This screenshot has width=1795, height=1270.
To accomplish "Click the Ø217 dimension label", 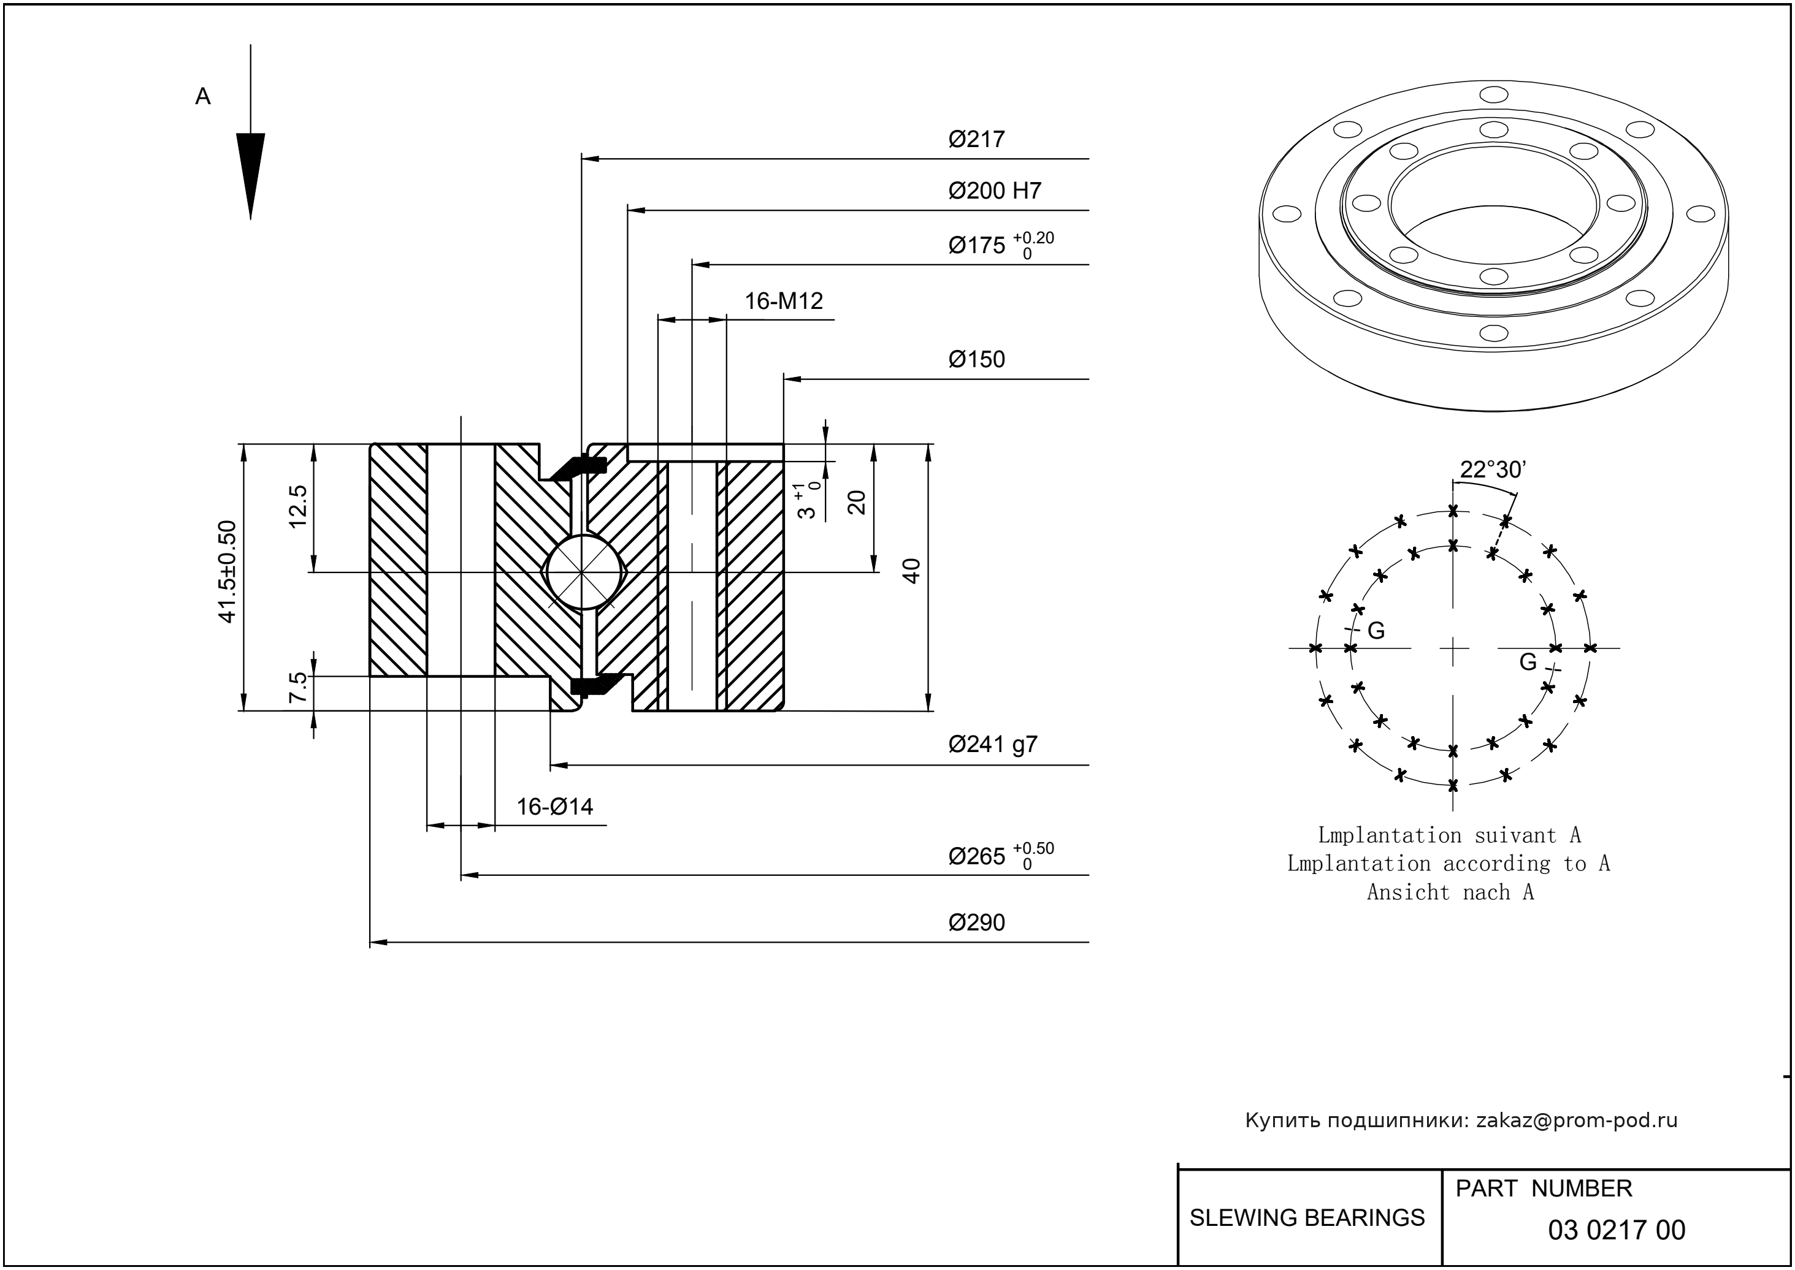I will coord(976,139).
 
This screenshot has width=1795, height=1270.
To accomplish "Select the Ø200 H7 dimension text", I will coord(995,191).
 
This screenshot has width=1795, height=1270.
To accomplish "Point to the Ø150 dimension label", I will coord(976,360).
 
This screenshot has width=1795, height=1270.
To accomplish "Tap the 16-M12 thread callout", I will coord(783,301).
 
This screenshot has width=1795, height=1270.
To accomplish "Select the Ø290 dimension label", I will coord(976,923).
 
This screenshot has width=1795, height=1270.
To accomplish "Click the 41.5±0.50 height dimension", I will coord(227,572).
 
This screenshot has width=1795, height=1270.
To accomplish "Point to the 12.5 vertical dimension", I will coord(298,507).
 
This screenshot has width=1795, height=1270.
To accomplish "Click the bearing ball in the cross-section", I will coord(583,572).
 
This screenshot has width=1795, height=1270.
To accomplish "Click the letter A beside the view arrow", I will coord(202,97).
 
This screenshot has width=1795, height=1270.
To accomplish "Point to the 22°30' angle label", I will coord(1493,470).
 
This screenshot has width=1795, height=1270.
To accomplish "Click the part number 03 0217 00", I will coord(1616,1230).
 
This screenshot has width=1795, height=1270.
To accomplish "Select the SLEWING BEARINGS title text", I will coord(1307,1218).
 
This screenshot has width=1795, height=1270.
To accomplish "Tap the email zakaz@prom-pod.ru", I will coord(1576,1120).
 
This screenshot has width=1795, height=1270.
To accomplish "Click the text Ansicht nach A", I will coord(1450,892).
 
